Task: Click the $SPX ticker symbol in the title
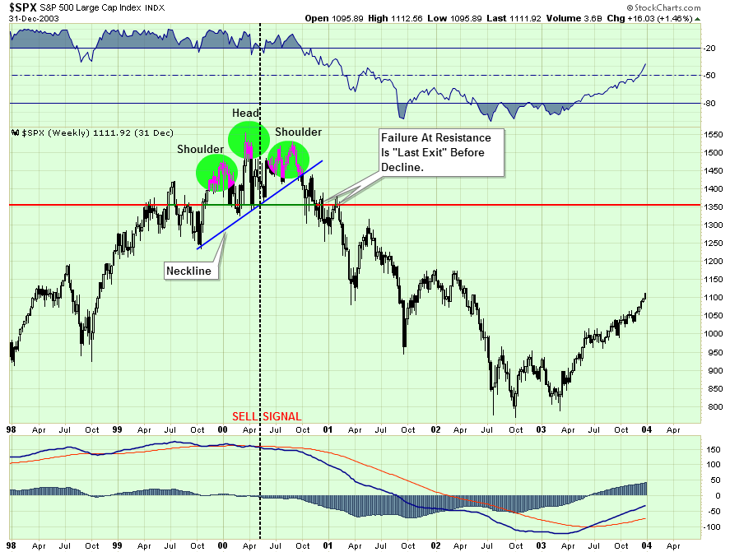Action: [24, 7]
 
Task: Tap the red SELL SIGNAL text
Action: [267, 416]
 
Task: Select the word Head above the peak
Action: [245, 114]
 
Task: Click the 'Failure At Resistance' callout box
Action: [440, 152]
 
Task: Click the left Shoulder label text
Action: [200, 149]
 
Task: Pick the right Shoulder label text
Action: [298, 132]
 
